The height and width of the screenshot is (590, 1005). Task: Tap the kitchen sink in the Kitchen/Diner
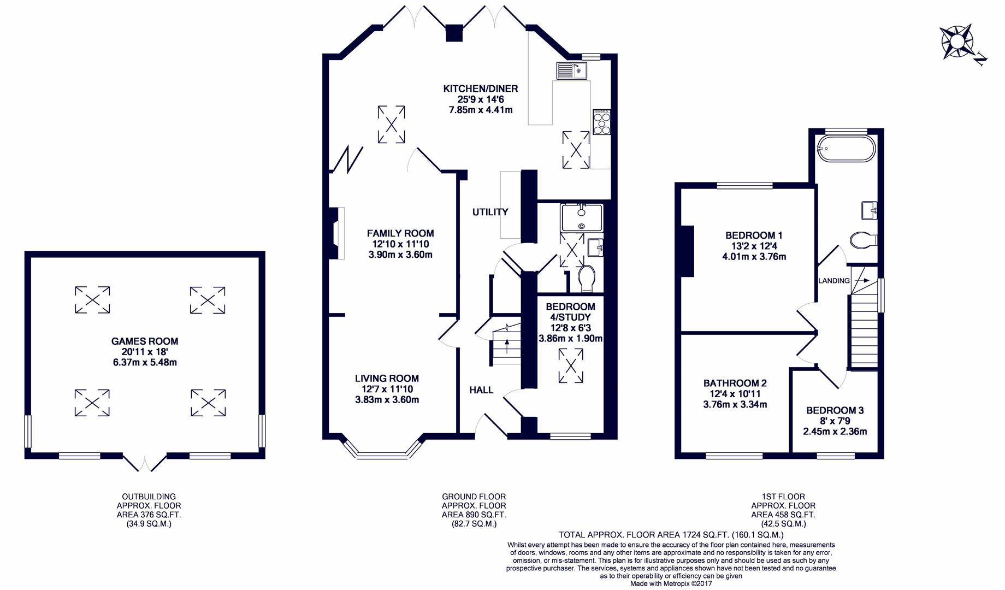[x=571, y=70]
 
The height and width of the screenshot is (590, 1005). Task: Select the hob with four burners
[x=601, y=122]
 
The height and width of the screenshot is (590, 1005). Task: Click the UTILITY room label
[x=490, y=212]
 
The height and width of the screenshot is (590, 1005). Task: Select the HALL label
[x=481, y=390]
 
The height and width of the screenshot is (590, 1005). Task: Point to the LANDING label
[x=834, y=281]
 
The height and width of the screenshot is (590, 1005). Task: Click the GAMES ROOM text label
[x=145, y=341]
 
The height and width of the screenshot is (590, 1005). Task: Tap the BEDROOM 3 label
[x=835, y=410]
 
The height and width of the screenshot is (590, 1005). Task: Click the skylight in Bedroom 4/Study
[x=571, y=366]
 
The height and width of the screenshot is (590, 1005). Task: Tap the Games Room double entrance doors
[x=144, y=462]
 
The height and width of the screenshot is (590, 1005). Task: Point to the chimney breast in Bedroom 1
[x=688, y=251]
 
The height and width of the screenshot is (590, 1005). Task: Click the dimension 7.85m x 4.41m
[x=481, y=110]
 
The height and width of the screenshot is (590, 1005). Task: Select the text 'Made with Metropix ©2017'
[x=671, y=583]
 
